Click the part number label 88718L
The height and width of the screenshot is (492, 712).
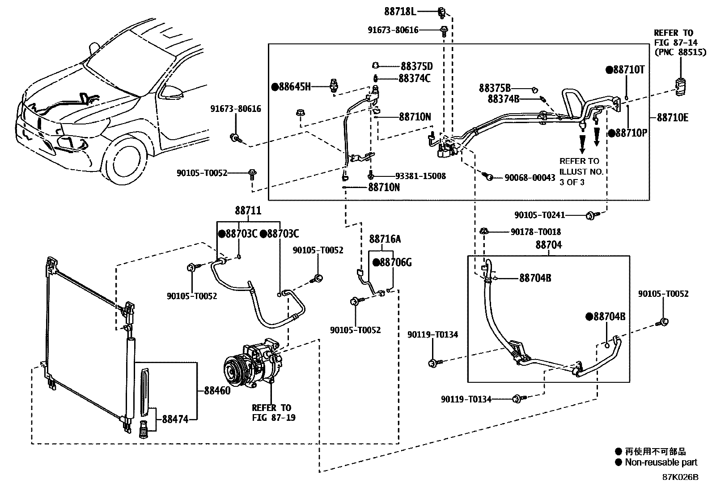[400, 10]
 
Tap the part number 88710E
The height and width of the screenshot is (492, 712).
[672, 118]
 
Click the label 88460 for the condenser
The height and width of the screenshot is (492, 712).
[217, 391]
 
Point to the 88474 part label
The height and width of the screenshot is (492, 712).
[175, 419]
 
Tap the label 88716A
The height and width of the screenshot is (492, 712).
[385, 240]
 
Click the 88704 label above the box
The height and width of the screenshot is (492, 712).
[548, 245]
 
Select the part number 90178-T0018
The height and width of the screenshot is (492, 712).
[535, 232]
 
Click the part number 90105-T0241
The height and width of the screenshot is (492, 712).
[539, 215]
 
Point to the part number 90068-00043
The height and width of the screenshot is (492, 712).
[530, 178]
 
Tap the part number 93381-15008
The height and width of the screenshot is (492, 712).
[420, 176]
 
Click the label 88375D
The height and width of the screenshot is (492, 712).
[416, 66]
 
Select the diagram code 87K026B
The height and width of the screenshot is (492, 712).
[680, 477]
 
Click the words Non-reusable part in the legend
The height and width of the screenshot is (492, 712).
[661, 462]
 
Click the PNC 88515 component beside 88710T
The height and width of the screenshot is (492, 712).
[680, 85]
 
